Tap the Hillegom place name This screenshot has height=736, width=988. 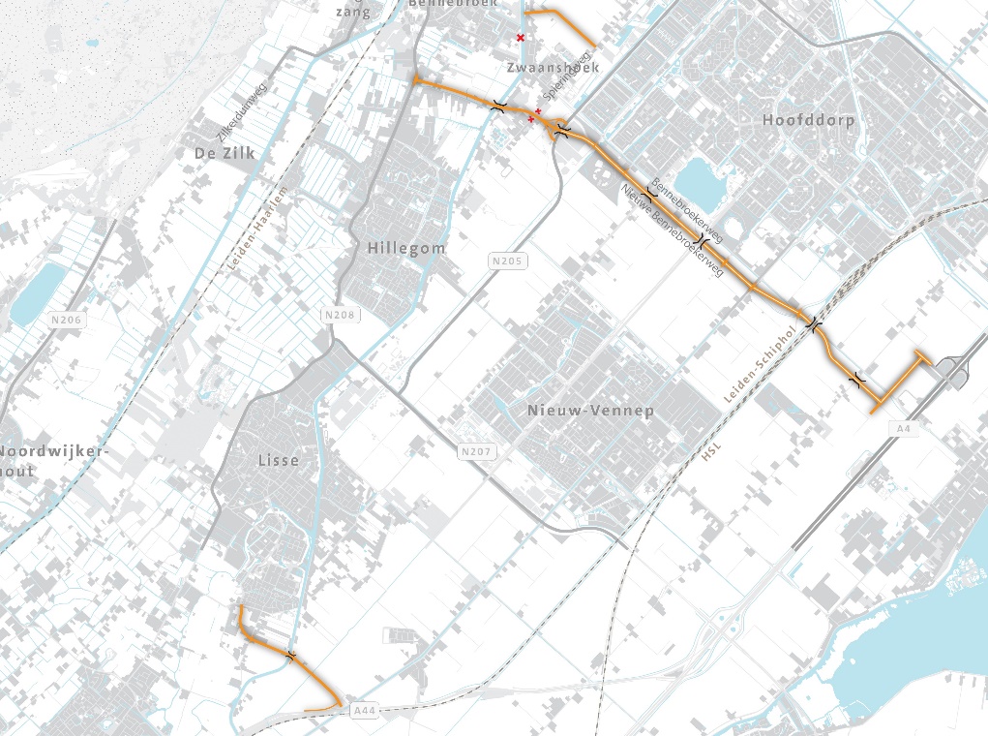pyautogui.click(x=406, y=249)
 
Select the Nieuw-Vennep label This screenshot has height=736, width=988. pyautogui.click(x=590, y=411)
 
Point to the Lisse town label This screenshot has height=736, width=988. pyautogui.click(x=279, y=461)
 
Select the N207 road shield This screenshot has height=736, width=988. pyautogui.click(x=477, y=451)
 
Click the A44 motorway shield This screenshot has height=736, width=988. pyautogui.click(x=363, y=712)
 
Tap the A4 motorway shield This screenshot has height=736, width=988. pyautogui.click(x=905, y=427)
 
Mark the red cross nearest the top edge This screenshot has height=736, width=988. pyautogui.click(x=521, y=38)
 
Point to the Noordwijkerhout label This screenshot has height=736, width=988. pyautogui.click(x=48, y=461)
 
